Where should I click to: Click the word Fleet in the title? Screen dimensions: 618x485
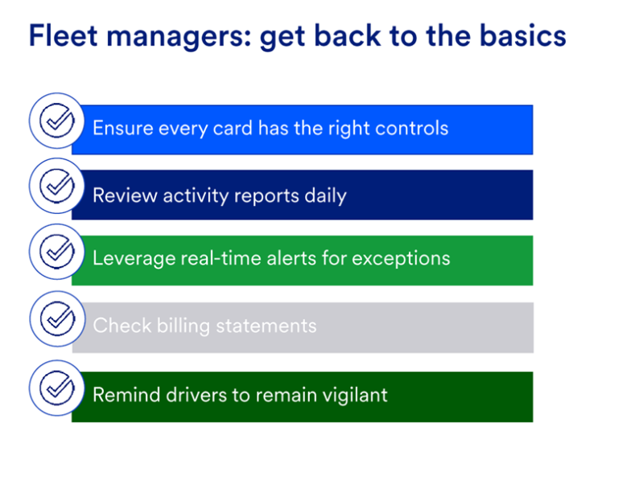tap(63, 36)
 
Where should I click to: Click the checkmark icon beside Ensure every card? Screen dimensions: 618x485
tap(57, 121)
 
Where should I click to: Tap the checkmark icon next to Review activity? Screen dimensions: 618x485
tap(57, 186)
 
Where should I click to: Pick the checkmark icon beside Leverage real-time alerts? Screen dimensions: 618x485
tap(57, 252)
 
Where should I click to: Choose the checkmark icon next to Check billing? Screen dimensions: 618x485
tap(58, 319)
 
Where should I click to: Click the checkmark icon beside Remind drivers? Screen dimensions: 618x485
tap(57, 388)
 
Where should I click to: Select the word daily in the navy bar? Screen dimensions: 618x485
tap(326, 196)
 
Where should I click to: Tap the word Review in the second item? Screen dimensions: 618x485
tap(125, 195)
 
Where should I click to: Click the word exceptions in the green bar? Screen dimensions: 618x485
tap(401, 259)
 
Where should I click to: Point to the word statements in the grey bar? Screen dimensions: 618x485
tap(266, 326)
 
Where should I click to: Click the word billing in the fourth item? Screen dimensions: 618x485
tap(183, 327)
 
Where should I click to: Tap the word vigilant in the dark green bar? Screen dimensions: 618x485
tap(355, 395)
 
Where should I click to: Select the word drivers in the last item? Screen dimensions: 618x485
tap(196, 395)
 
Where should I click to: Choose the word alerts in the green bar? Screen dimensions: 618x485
tap(291, 258)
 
